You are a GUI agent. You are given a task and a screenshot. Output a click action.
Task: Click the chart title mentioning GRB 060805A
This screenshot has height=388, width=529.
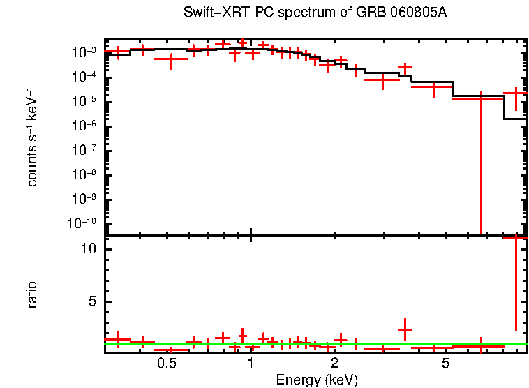tap(315, 13)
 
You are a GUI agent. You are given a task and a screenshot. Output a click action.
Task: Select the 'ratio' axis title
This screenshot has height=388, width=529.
tap(32, 294)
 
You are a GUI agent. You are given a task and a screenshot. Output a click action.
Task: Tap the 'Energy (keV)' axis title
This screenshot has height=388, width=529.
tap(316, 380)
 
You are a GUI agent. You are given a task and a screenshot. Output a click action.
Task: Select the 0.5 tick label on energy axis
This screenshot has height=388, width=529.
tap(166, 364)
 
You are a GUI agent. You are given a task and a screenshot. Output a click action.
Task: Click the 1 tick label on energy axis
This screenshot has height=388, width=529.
tap(251, 364)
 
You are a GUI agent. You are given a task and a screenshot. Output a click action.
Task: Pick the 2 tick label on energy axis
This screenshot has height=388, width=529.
tap(335, 364)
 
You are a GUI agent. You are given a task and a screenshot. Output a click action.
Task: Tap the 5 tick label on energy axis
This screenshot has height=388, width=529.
tap(446, 364)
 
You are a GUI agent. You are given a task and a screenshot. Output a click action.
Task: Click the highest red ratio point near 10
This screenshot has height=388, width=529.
tap(516, 239)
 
